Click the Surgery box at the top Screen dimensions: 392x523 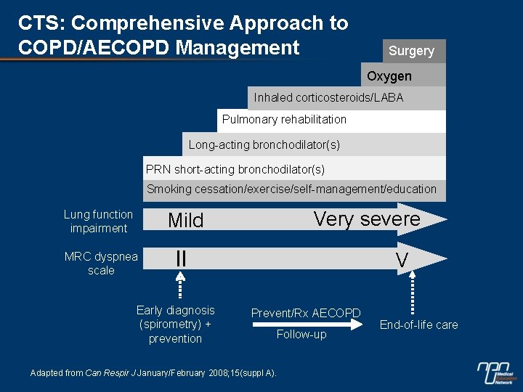click(x=411, y=51)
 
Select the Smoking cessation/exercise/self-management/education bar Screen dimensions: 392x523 click(x=292, y=189)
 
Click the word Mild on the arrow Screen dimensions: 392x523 click(x=186, y=221)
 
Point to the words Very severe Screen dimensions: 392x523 click(x=367, y=219)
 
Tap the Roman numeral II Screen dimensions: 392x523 click(x=181, y=258)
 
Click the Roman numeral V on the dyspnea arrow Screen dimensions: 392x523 click(x=402, y=261)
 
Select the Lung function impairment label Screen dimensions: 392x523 click(x=98, y=221)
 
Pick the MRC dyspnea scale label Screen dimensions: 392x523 click(x=101, y=263)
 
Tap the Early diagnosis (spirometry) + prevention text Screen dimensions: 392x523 click(x=176, y=324)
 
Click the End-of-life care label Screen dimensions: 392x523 click(x=419, y=324)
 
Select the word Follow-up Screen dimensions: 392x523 click(x=301, y=335)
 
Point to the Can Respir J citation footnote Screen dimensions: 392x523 click(x=153, y=372)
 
